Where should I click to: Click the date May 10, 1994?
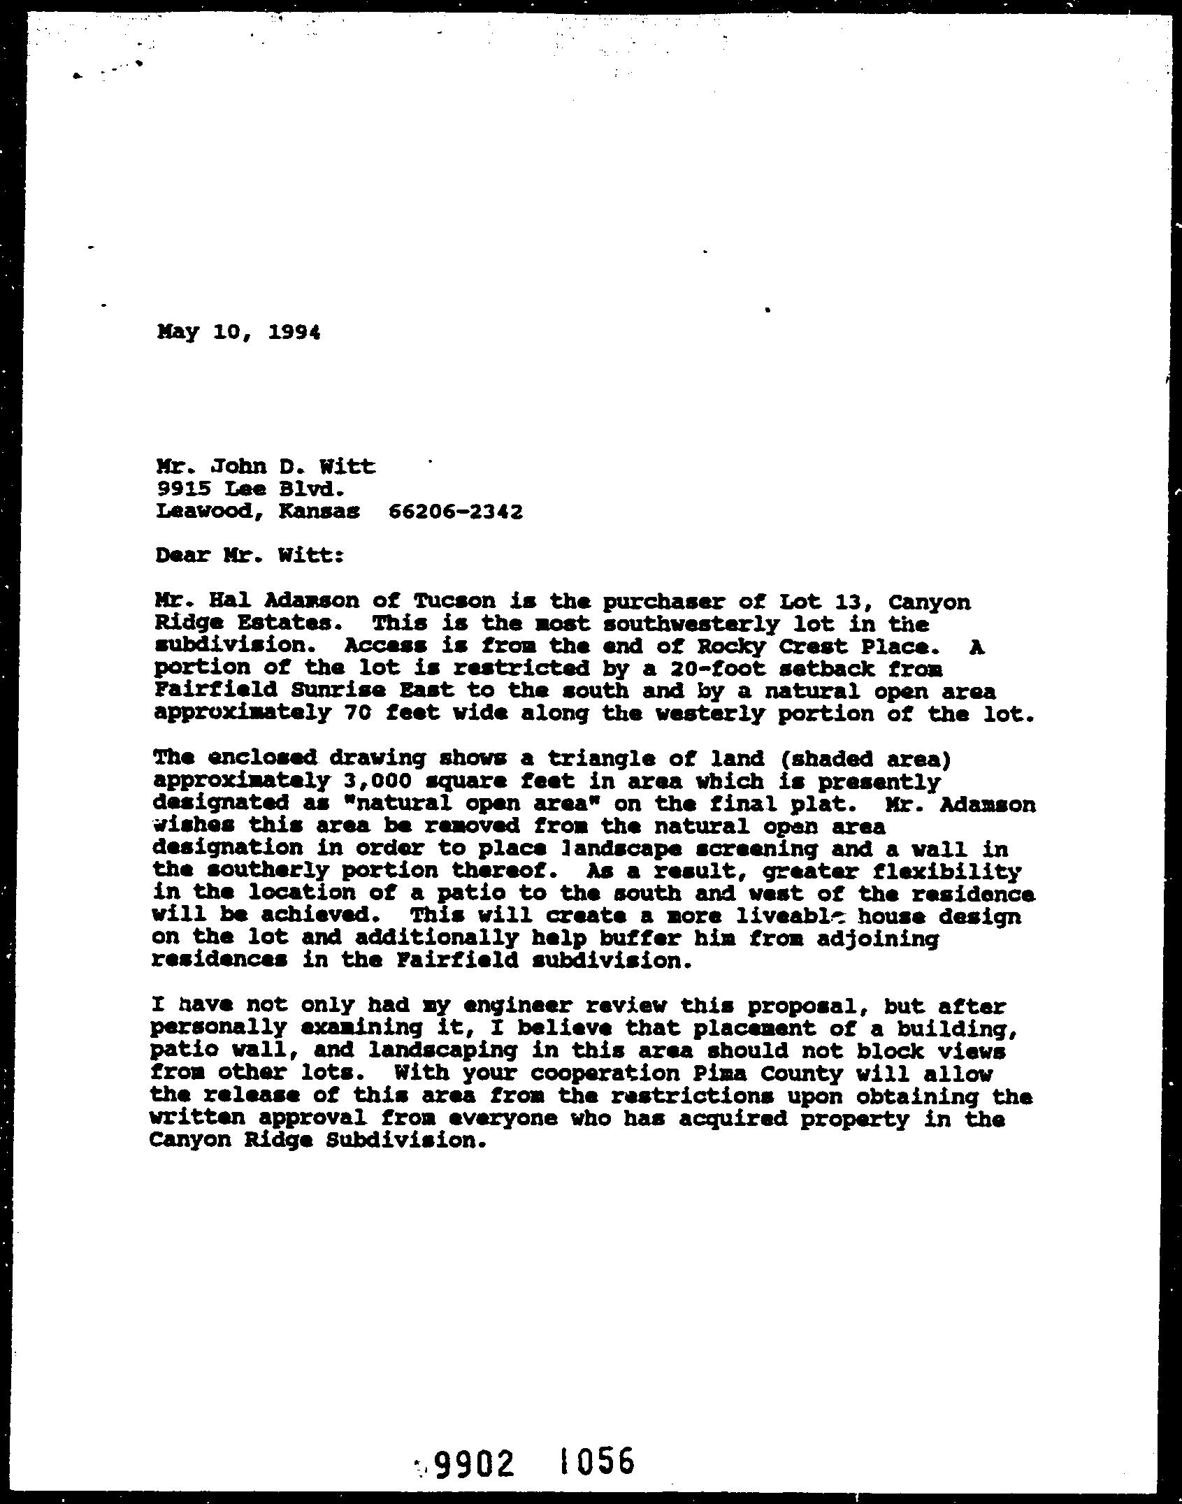pos(239,333)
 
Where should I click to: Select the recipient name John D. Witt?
pos(283,466)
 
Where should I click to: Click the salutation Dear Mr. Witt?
pos(250,556)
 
